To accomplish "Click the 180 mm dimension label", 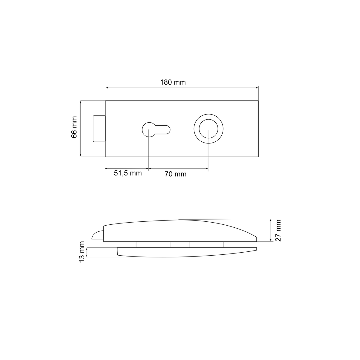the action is point(173,82).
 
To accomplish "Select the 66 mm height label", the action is point(74,127).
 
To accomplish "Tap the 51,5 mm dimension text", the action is point(128,173).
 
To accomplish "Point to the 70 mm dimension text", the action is point(175,174).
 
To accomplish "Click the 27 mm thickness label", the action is point(278,230).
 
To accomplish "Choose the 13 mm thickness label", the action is point(82,252).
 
